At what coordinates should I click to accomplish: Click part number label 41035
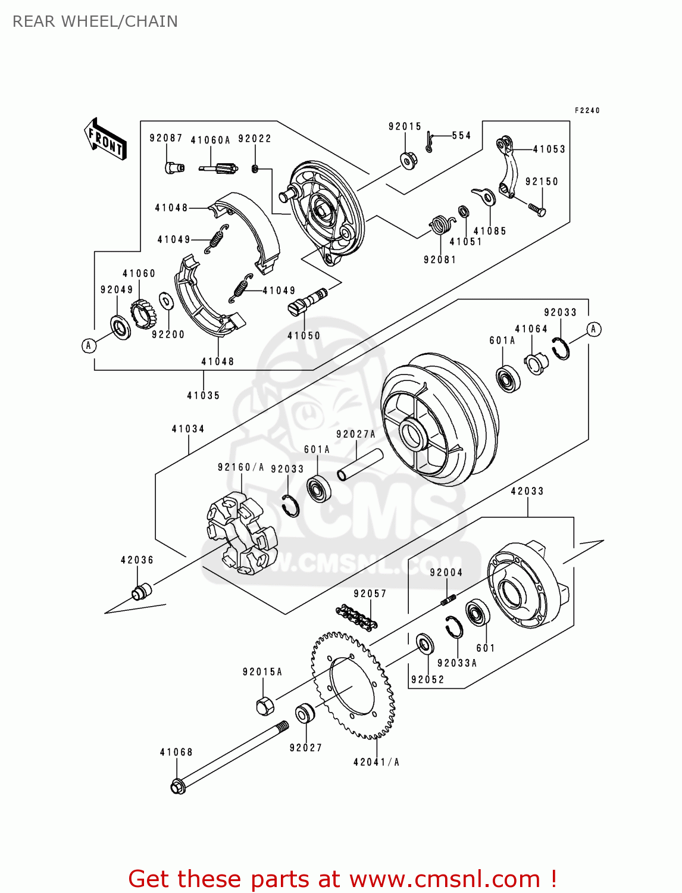pos(203,395)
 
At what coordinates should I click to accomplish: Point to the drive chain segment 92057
pos(356,617)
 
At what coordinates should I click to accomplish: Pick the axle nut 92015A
pos(264,706)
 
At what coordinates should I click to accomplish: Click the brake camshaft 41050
pos(307,301)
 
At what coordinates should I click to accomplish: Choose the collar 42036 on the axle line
pos(141,592)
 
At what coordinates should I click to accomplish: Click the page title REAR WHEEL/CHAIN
pos(95,21)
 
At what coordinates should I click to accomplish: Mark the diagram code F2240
pos(587,110)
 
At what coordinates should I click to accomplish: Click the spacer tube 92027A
pos(360,464)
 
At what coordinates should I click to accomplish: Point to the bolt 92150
pos(537,208)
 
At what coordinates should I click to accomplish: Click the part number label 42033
pos(527,491)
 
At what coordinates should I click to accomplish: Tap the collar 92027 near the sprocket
pos(305,713)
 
